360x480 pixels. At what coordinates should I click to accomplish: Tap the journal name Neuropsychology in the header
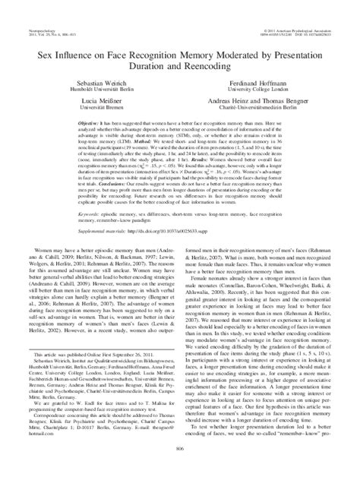39,11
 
